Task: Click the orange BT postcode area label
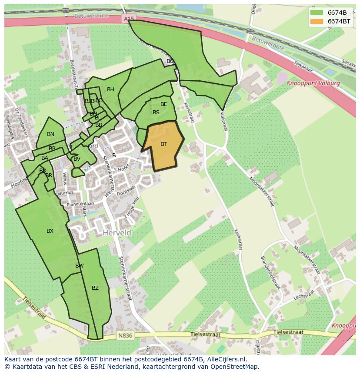click(163, 144)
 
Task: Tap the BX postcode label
click(50, 231)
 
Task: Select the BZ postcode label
click(95, 288)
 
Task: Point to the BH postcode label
click(110, 90)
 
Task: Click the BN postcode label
click(50, 134)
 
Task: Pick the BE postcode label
click(163, 104)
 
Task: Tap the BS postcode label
click(156, 113)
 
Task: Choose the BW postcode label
click(79, 266)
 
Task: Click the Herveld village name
click(117, 233)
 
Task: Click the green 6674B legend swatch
click(317, 13)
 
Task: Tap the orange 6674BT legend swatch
click(317, 21)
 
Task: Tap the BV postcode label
click(77, 159)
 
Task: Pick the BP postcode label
click(52, 149)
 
